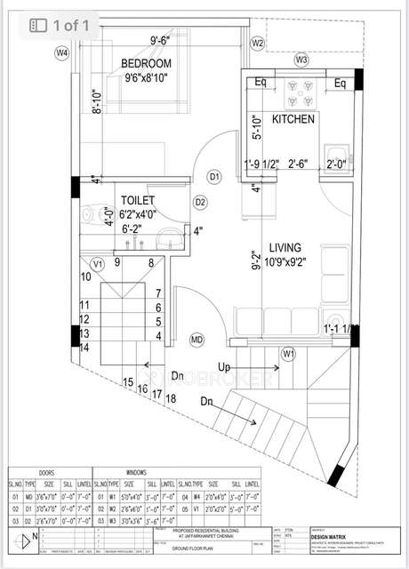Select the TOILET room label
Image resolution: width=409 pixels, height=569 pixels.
click(x=138, y=201)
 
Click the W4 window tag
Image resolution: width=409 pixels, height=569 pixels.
click(x=61, y=53)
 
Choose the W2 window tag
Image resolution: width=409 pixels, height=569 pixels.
click(x=258, y=43)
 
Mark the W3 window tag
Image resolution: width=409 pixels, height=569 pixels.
click(x=302, y=60)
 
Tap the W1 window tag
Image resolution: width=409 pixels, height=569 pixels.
click(x=288, y=354)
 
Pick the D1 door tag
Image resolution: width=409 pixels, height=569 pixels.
click(x=214, y=177)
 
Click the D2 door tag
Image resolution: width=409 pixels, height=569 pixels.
click(x=200, y=203)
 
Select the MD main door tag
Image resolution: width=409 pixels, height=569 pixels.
click(x=197, y=340)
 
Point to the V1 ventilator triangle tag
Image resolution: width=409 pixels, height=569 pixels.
click(x=98, y=264)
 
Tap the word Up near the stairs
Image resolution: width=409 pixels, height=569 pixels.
click(x=225, y=367)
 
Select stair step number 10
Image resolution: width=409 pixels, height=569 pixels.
click(x=85, y=277)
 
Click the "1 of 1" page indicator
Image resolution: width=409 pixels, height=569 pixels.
click(x=62, y=26)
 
